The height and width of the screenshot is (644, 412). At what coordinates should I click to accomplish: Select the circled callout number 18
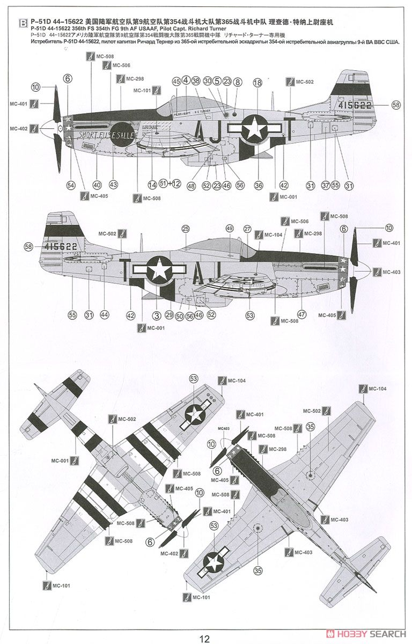pos(257,83)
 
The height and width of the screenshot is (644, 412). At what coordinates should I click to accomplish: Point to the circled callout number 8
pos(238,82)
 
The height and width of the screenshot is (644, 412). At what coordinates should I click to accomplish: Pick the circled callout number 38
pos(196,81)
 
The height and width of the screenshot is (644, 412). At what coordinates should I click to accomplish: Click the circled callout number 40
pos(97,185)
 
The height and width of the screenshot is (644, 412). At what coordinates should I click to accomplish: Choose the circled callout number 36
pos(259,185)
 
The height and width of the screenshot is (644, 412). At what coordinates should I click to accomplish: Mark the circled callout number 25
pos(186,229)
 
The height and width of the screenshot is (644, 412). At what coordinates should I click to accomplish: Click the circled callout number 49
pos(230,229)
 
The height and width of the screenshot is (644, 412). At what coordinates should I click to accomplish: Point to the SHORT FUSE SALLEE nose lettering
pos(107,134)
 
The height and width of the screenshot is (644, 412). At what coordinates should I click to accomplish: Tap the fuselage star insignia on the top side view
pos(252,127)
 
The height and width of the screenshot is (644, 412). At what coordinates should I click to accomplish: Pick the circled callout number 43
pos(113,185)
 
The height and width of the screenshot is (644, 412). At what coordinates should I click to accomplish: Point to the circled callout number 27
pos(247,229)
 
